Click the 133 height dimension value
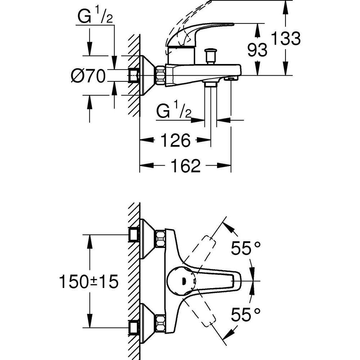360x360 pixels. click(x=285, y=39)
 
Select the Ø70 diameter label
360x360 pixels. click(x=88, y=76)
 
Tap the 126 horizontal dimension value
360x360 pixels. click(x=175, y=140)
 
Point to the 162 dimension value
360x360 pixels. click(x=185, y=166)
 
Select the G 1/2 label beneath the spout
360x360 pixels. click(x=174, y=112)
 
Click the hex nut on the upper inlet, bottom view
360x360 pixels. click(x=160, y=238)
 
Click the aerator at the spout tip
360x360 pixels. click(x=230, y=78)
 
